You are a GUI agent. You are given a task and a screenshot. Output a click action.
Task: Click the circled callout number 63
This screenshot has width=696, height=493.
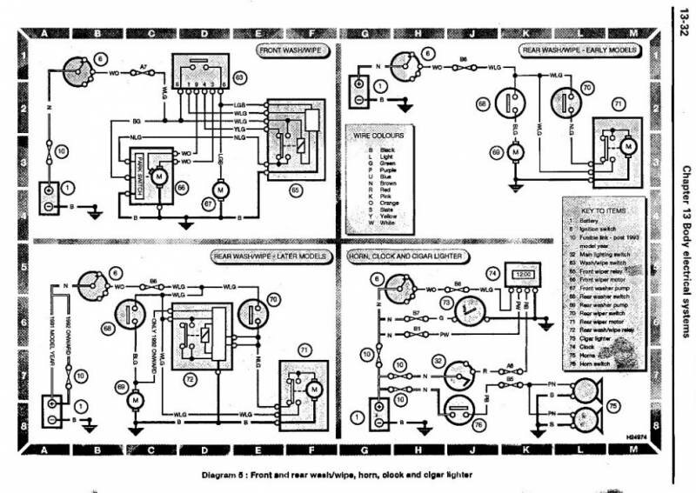[237, 77]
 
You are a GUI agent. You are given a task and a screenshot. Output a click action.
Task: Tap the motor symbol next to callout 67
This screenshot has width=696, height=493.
[220, 190]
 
